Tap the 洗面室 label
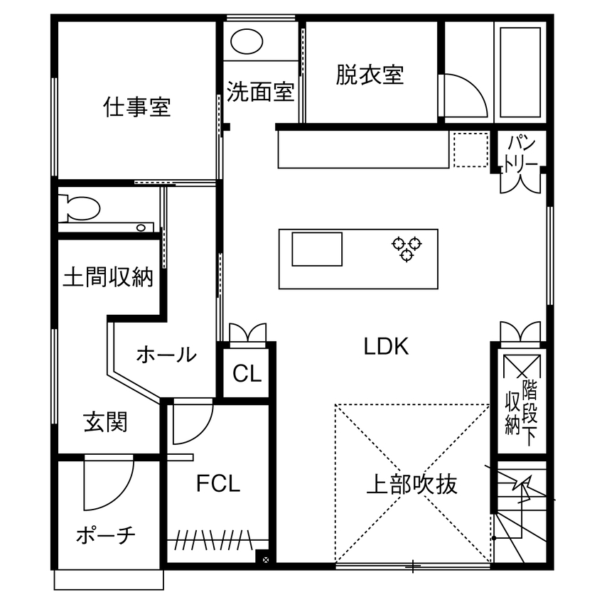pos(260,92)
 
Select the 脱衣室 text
pos(370,75)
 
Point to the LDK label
pos(386,348)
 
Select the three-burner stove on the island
pos(407,248)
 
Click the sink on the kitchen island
pos(316,249)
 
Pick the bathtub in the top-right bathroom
pos(521,73)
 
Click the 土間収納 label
pos(108,276)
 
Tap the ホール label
pos(166,354)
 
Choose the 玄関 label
pos(106,422)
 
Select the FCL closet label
pos(218,484)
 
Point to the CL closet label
pos(247,374)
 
